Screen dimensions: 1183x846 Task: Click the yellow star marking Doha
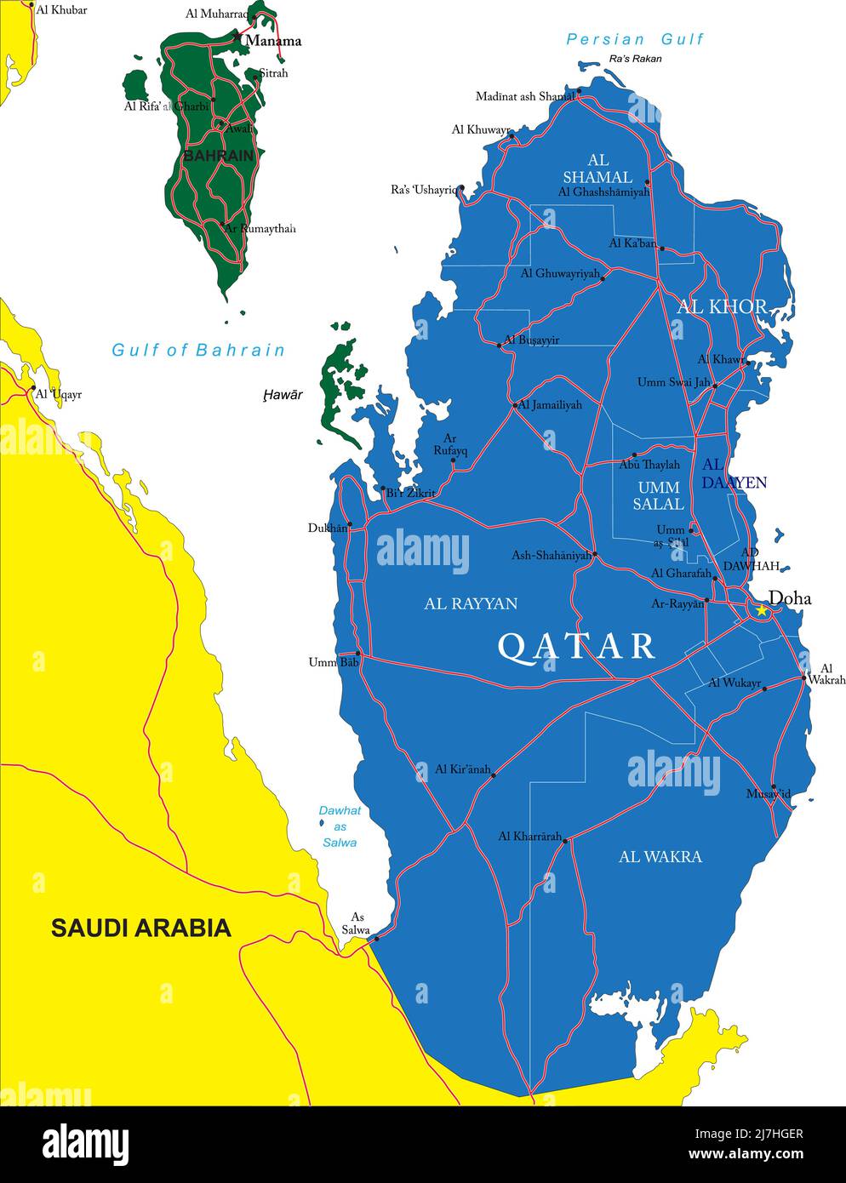pyautogui.click(x=762, y=610)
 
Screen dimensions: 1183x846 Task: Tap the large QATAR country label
pyautogui.click(x=577, y=647)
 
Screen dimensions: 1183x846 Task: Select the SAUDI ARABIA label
pyautogui.click(x=141, y=928)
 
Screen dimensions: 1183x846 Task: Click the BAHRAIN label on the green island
pyautogui.click(x=218, y=156)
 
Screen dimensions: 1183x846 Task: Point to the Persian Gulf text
pyautogui.click(x=635, y=39)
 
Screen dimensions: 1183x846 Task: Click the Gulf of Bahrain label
pyautogui.click(x=198, y=350)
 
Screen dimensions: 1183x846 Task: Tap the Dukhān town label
pyautogui.click(x=328, y=528)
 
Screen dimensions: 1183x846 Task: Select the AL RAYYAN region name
pyautogui.click(x=471, y=603)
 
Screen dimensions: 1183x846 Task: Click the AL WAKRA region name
pyautogui.click(x=660, y=857)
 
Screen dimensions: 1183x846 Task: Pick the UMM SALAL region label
pyautogui.click(x=658, y=495)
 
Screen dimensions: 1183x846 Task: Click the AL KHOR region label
pyautogui.click(x=722, y=306)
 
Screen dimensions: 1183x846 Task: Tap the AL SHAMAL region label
pyautogui.click(x=598, y=169)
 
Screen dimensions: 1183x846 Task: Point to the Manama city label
pyautogui.click(x=273, y=41)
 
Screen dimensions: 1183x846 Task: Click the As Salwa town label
pyautogui.click(x=357, y=923)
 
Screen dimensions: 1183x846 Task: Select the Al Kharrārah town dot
pyautogui.click(x=565, y=841)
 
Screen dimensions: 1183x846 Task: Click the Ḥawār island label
pyautogui.click(x=283, y=395)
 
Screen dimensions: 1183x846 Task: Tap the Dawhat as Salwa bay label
pyautogui.click(x=340, y=826)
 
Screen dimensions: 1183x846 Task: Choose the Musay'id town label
pyautogui.click(x=768, y=794)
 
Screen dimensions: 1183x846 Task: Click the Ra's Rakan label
pyautogui.click(x=635, y=59)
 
